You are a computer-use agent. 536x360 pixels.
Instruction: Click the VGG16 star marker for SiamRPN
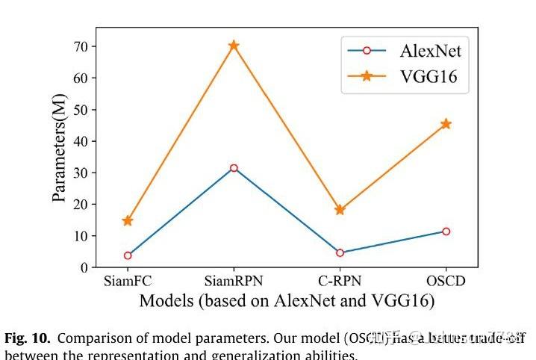[x=234, y=46]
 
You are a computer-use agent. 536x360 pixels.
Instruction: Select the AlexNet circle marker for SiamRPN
[x=234, y=168]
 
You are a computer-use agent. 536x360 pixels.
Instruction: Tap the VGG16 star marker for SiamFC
[x=128, y=221]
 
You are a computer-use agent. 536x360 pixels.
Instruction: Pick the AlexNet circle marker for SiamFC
[x=128, y=255]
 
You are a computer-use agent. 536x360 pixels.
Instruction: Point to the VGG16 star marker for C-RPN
[x=340, y=210]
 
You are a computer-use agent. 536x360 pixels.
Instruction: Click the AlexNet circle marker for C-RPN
[x=340, y=252]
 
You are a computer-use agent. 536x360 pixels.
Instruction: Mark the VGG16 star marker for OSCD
[x=446, y=124]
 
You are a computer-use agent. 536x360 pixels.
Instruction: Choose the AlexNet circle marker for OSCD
[x=446, y=232]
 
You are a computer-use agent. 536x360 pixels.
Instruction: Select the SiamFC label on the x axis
[x=128, y=282]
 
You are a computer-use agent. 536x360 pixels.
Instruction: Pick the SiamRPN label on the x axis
[x=234, y=282]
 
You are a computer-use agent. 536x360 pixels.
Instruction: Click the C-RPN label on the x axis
[x=340, y=282]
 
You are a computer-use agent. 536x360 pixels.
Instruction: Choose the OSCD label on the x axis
[x=446, y=282]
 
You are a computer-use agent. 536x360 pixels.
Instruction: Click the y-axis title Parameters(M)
[x=60, y=148]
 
